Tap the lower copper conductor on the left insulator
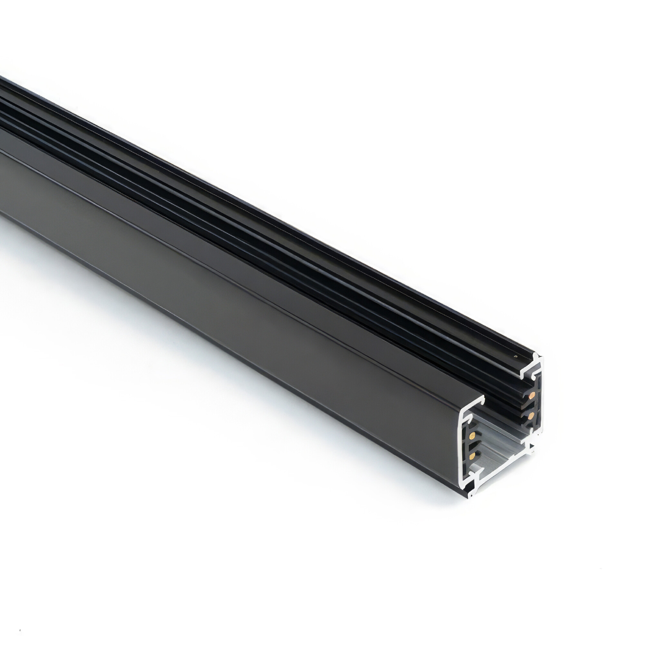pos(472,456)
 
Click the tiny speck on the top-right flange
pos(516,356)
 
